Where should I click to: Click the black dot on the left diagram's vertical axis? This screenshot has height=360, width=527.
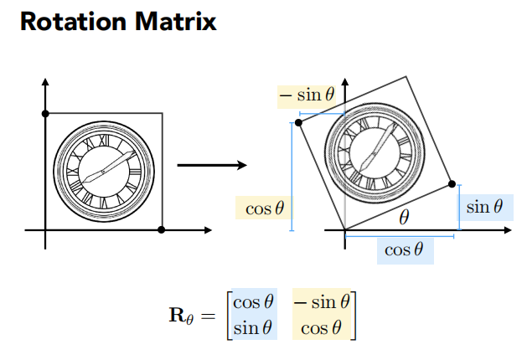tap(45, 113)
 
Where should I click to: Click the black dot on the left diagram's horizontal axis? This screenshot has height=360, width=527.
tap(161, 229)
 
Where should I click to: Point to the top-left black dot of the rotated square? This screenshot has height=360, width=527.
tap(299, 122)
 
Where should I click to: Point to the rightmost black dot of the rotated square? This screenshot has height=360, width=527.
tap(452, 183)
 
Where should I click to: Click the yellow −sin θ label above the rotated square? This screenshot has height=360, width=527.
tap(307, 96)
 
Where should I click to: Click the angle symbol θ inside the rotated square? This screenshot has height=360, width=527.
tap(404, 218)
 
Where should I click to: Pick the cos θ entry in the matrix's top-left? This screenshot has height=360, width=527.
tap(254, 302)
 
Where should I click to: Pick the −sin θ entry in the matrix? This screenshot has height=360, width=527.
tap(321, 302)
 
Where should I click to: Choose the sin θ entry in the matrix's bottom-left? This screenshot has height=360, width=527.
tap(254, 327)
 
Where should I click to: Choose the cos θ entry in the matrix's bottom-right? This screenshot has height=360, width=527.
tap(321, 327)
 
